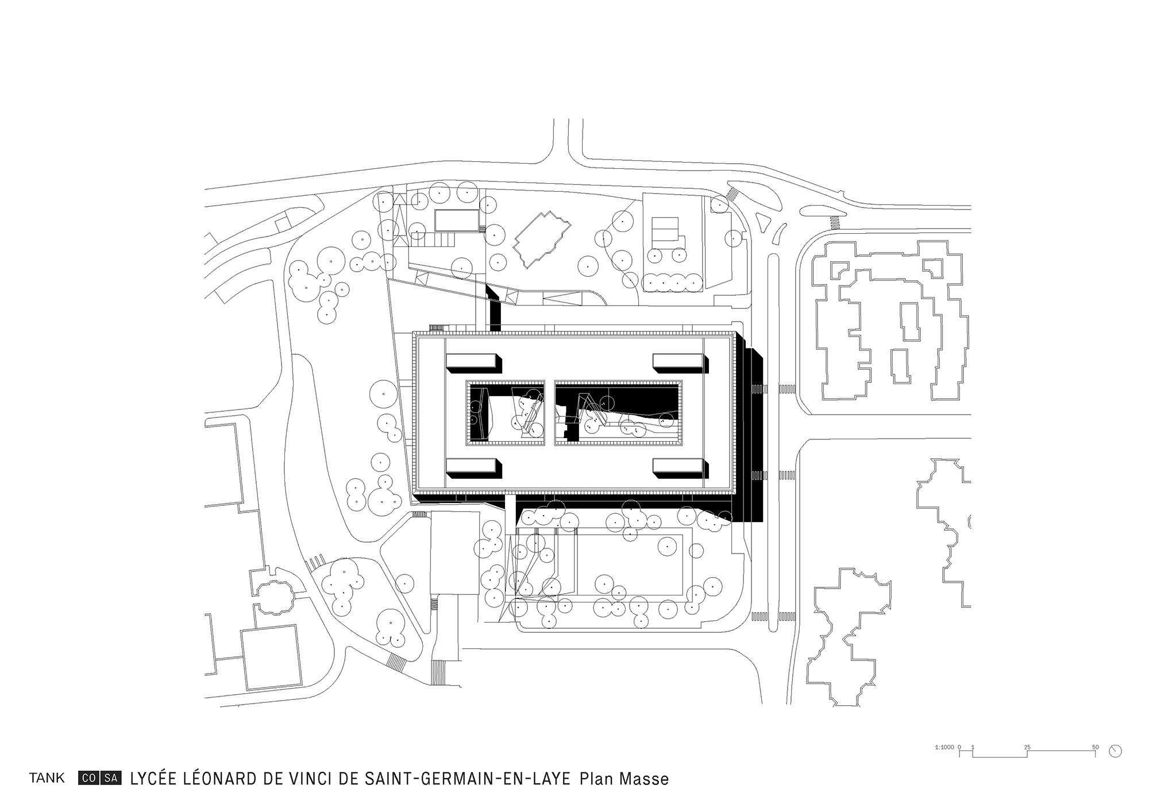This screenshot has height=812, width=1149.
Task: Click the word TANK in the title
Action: click(47, 779)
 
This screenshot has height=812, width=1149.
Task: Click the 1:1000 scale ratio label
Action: click(944, 747)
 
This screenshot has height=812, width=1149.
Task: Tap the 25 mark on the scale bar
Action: click(1027, 747)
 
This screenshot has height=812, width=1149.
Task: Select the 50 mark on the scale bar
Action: click(1096, 747)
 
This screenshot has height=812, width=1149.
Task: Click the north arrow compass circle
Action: click(1116, 751)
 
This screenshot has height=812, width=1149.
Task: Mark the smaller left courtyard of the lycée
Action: click(505, 412)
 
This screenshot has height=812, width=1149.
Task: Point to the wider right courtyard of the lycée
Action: click(618, 412)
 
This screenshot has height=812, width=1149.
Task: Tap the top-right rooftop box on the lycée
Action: click(678, 361)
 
